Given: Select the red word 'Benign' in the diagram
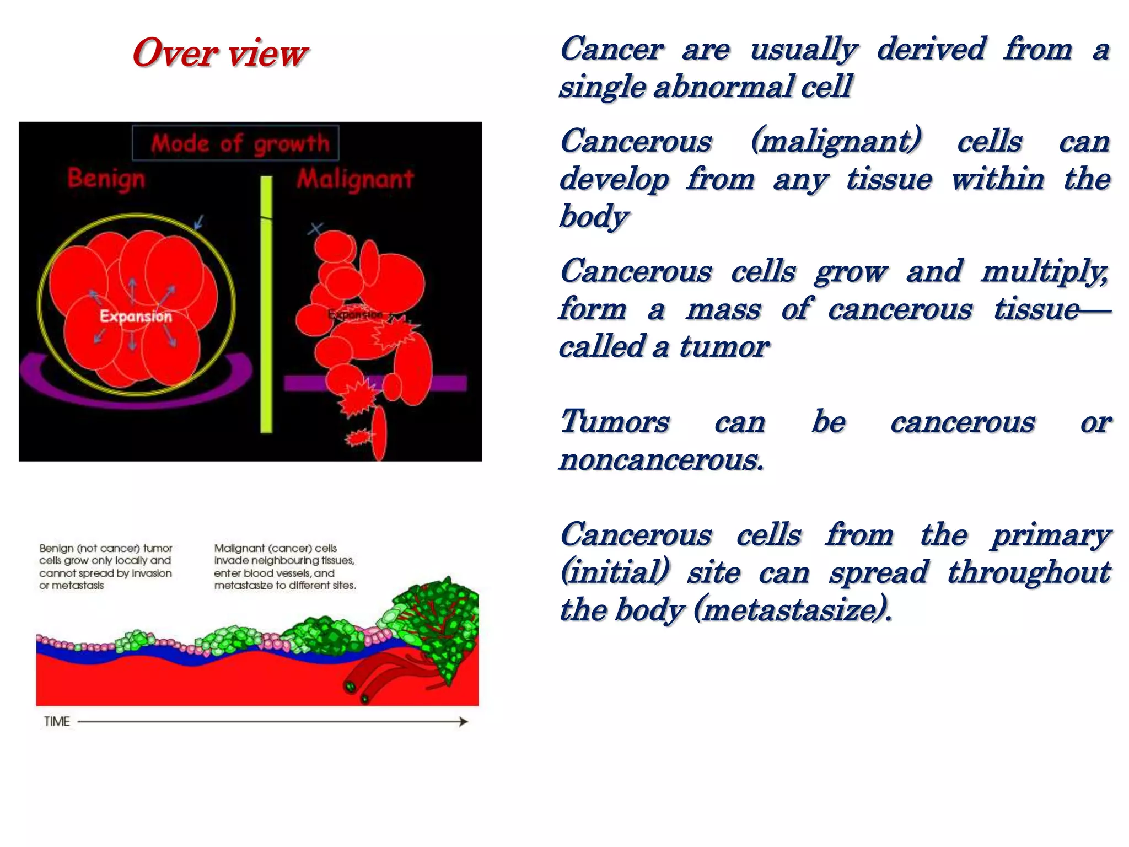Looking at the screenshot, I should [106, 179].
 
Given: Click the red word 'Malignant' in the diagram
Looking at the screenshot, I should [355, 179].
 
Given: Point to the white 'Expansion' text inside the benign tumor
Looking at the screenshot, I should [136, 316].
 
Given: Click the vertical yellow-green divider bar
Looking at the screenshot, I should [266, 303].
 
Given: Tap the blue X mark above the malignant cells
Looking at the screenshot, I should [315, 228].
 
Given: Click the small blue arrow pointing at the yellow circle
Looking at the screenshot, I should [198, 222].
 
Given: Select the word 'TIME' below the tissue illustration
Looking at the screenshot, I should [57, 721].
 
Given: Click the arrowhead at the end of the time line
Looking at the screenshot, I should [464, 721].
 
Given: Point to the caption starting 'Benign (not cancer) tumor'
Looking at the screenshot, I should [106, 566].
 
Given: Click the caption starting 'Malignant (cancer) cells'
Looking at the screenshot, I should [284, 566].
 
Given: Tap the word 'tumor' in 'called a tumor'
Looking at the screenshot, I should [723, 347].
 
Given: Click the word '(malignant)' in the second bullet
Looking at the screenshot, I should [836, 141].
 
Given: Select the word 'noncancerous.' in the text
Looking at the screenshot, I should [662, 459].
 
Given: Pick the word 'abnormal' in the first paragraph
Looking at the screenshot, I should [724, 87].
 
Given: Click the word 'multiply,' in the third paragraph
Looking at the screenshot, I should [1044, 272].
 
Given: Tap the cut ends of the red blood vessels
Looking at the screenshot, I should [356, 693].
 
